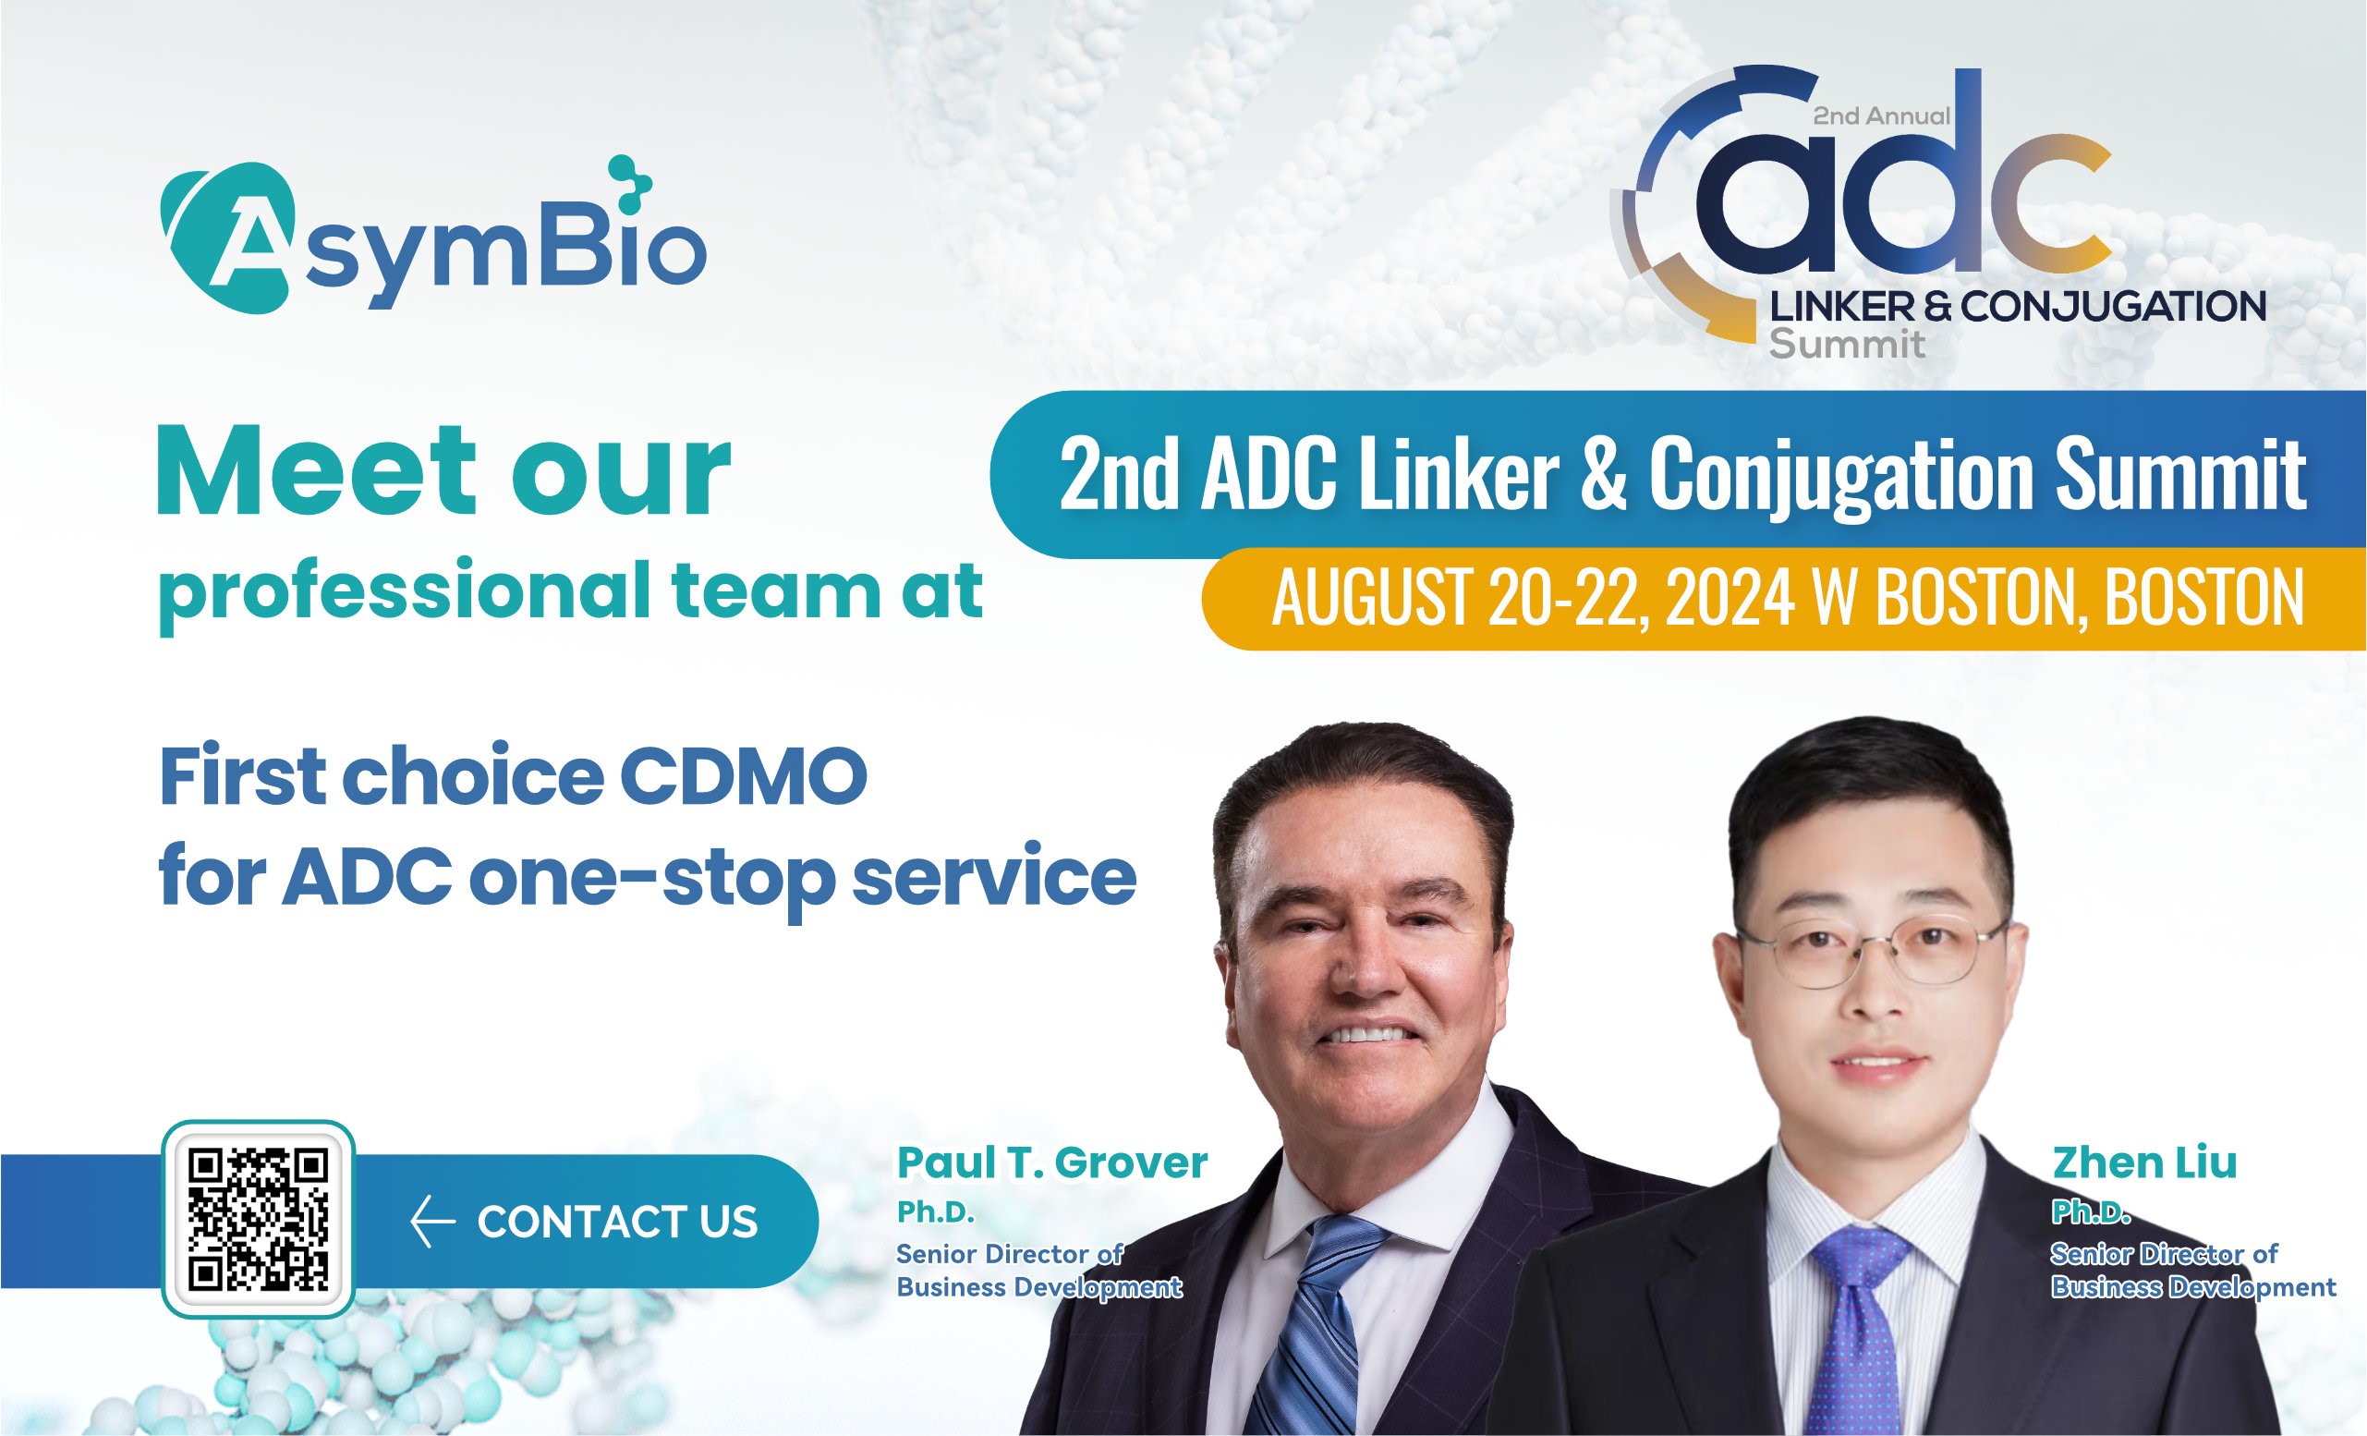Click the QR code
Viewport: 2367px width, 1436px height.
pyautogui.click(x=259, y=1219)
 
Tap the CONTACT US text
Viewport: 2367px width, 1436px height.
pyautogui.click(x=618, y=1222)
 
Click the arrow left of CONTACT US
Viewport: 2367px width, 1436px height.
pyautogui.click(x=432, y=1223)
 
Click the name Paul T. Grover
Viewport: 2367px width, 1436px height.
pyautogui.click(x=1052, y=1163)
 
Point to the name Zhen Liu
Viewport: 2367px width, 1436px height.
pyautogui.click(x=2144, y=1163)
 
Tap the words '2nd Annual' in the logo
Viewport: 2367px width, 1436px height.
pyautogui.click(x=1881, y=116)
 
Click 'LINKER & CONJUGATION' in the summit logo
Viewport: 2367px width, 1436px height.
pyautogui.click(x=2018, y=307)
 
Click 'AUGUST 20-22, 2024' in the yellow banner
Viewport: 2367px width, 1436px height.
pyautogui.click(x=1533, y=598)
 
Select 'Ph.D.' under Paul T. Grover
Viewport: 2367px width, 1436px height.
pyautogui.click(x=936, y=1214)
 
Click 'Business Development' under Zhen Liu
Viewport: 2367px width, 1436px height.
pyautogui.click(x=2194, y=1287)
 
